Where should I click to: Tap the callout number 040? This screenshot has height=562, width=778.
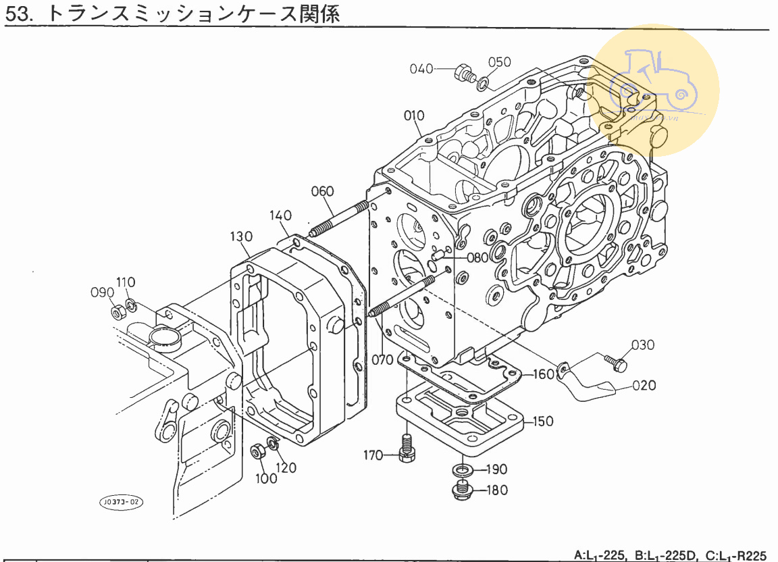(x=421, y=68)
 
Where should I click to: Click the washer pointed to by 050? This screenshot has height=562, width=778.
(x=482, y=84)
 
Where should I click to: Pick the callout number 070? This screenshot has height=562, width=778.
(x=382, y=359)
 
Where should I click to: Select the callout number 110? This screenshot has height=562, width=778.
(x=126, y=282)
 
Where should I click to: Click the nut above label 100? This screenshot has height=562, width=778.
(x=257, y=452)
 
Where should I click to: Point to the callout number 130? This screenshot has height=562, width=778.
(x=240, y=236)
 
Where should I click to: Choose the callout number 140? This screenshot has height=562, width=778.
(x=281, y=215)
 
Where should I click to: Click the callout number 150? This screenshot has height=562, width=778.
(x=543, y=421)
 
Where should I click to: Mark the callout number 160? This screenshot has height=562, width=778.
(x=544, y=374)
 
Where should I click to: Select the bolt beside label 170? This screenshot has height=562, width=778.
(x=406, y=447)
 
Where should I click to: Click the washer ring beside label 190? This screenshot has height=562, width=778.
(x=462, y=469)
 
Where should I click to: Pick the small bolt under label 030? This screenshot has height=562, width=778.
(x=615, y=363)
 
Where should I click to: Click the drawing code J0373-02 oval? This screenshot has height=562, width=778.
(x=122, y=503)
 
